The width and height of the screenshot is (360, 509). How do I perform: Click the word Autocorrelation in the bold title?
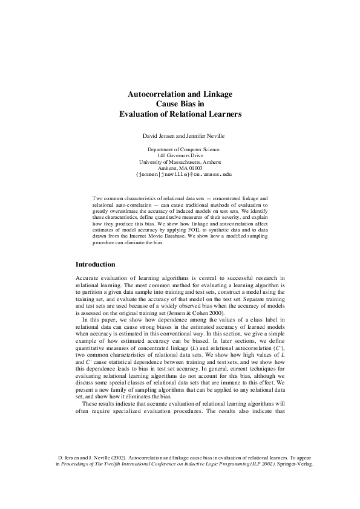156,94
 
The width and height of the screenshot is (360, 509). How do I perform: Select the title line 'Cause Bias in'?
180,103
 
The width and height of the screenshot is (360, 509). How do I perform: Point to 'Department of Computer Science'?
183,149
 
